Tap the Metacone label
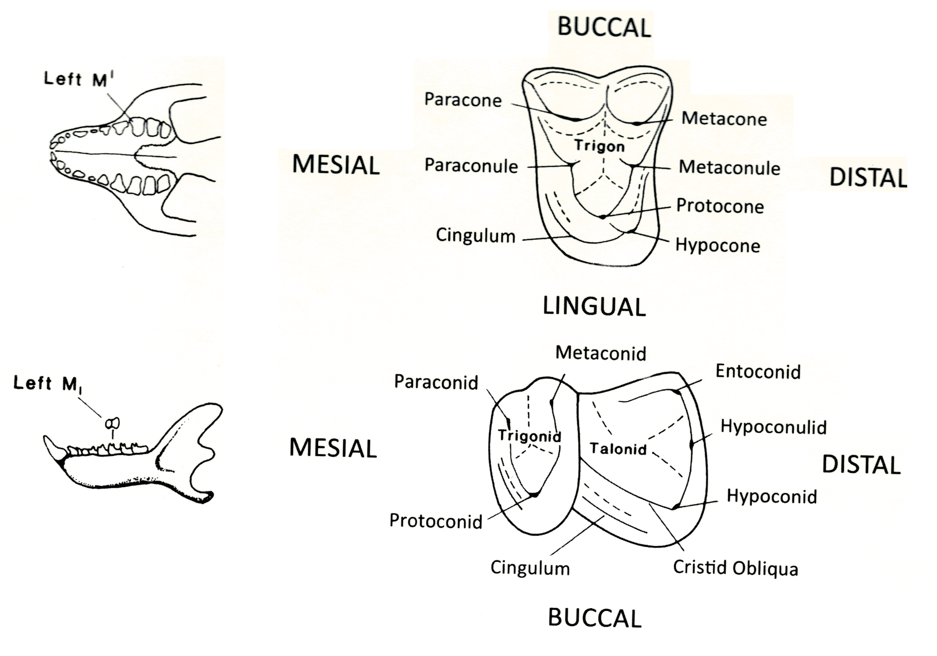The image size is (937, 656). (724, 119)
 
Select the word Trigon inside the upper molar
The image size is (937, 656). (600, 146)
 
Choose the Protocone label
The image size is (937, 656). (720, 206)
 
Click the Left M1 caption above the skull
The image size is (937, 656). (79, 79)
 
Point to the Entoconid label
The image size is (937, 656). (758, 372)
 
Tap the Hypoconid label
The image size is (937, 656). (772, 496)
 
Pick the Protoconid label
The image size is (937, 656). (436, 521)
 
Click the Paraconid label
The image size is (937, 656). (436, 382)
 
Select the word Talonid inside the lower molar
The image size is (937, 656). (618, 449)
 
